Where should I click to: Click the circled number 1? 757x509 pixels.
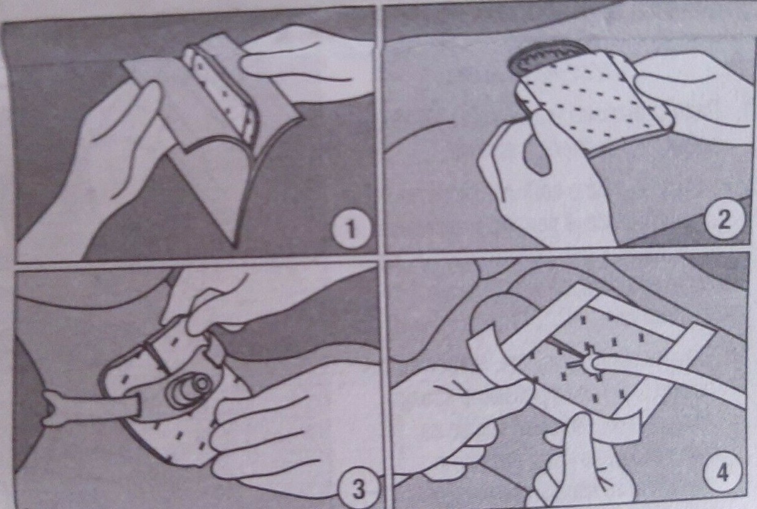coord(350,229)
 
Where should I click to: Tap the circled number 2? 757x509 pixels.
coord(725,220)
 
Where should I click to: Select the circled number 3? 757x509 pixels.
coord(358,489)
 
